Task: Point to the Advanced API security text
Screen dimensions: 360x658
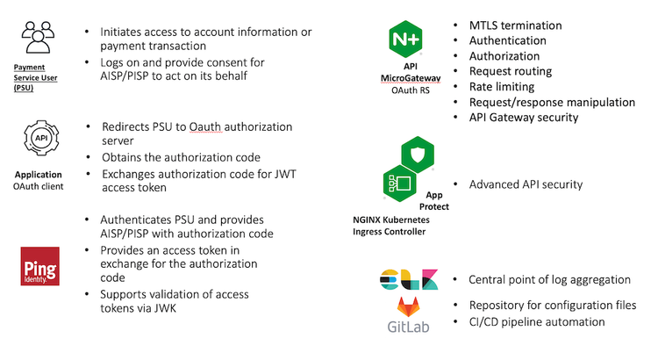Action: pyautogui.click(x=526, y=184)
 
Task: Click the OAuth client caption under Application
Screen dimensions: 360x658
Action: pyautogui.click(x=39, y=186)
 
